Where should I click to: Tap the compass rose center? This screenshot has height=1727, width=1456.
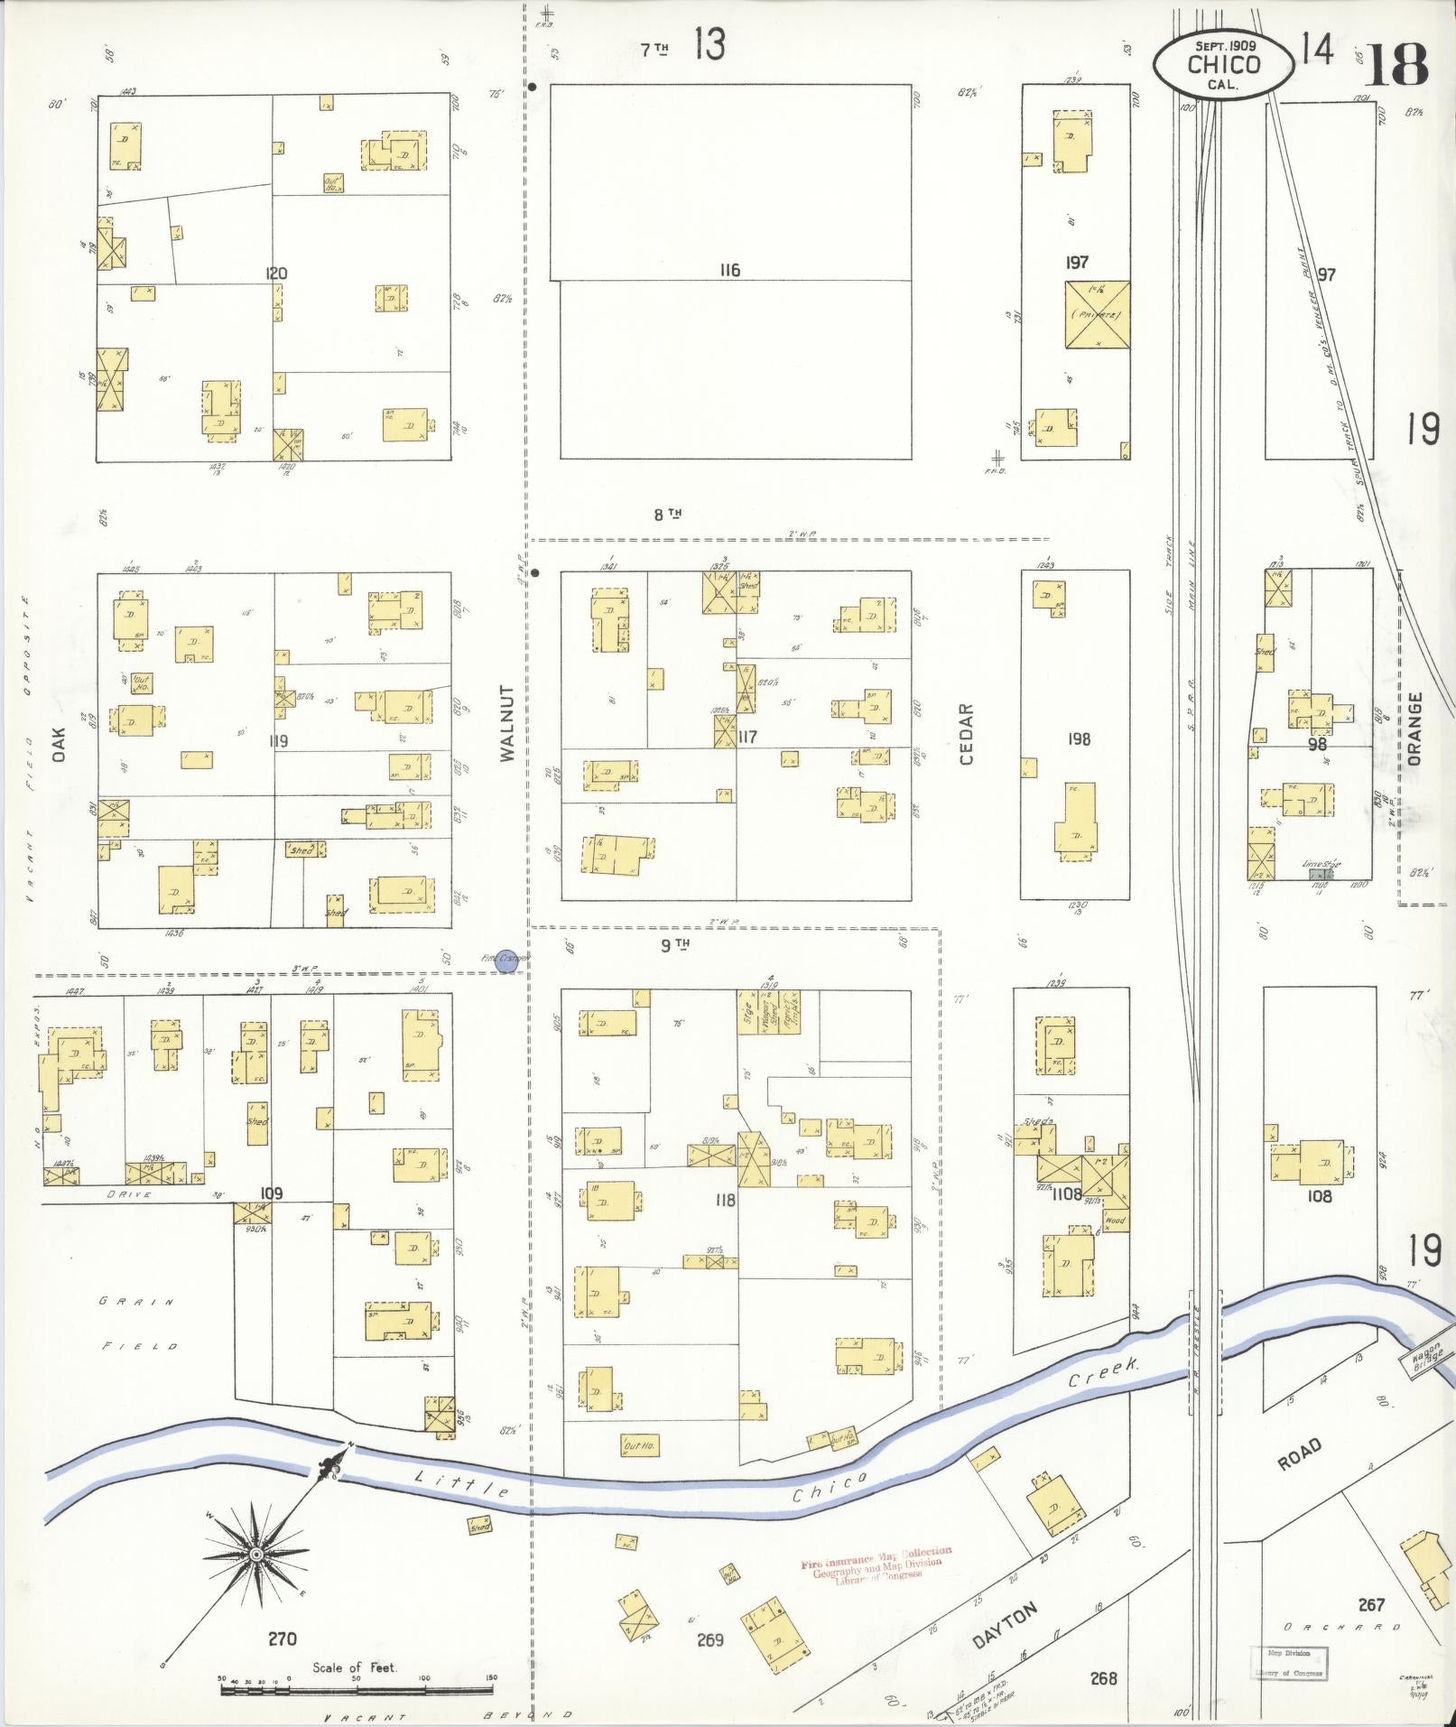pyautogui.click(x=256, y=1554)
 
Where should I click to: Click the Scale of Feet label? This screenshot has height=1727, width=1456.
pyautogui.click(x=355, y=1667)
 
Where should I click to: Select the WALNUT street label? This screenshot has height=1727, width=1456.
pyautogui.click(x=507, y=722)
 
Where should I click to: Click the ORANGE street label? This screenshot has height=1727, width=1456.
pyautogui.click(x=1414, y=729)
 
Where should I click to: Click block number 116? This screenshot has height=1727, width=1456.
pyautogui.click(x=729, y=270)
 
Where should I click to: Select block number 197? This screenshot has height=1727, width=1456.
pyautogui.click(x=1076, y=263)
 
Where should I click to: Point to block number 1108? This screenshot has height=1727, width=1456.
pyautogui.click(x=1066, y=1193)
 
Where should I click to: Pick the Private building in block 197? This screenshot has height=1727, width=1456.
pyautogui.click(x=1097, y=315)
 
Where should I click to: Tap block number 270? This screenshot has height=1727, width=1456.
pyautogui.click(x=282, y=1639)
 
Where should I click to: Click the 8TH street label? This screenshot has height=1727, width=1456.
pyautogui.click(x=667, y=515)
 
